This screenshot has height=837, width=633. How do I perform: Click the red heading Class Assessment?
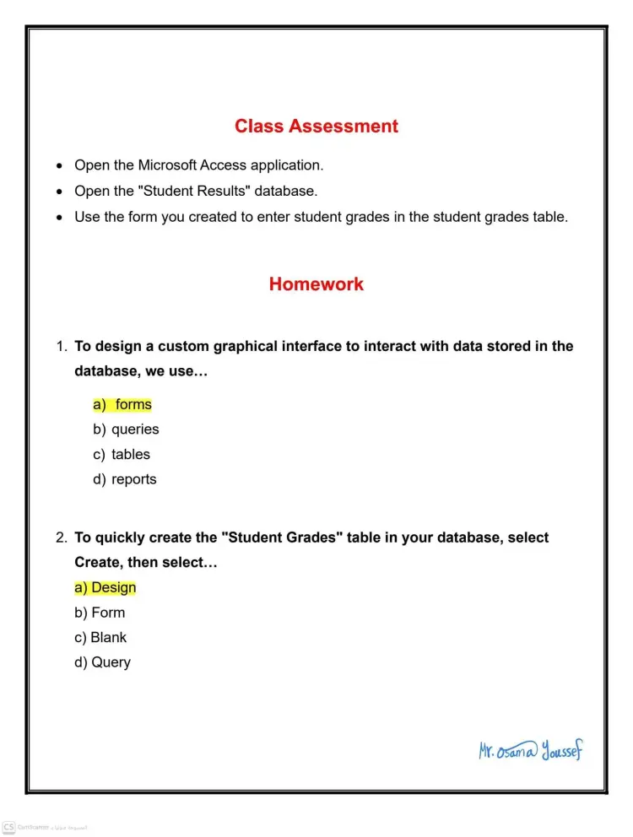point(316,127)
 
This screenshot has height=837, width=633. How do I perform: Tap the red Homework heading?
point(316,284)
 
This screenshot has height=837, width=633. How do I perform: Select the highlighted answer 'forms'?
point(133,405)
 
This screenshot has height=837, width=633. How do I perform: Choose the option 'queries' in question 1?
point(134,429)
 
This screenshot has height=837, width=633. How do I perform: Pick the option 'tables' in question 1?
point(130,455)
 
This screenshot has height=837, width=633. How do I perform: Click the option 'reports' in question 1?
point(133,479)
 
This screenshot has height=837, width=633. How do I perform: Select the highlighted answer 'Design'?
point(112,588)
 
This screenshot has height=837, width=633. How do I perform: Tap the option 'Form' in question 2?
point(107,613)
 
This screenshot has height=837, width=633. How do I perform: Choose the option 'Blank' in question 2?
point(108,638)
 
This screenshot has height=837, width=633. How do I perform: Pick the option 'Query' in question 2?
point(111,663)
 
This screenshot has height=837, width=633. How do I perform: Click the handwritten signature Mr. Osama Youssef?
point(530,750)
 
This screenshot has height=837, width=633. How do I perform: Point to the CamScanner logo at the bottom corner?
point(8,827)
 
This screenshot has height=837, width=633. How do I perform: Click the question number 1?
point(61,347)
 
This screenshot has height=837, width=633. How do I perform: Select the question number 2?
point(61,538)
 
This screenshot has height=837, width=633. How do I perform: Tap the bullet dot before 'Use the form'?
point(58,218)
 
